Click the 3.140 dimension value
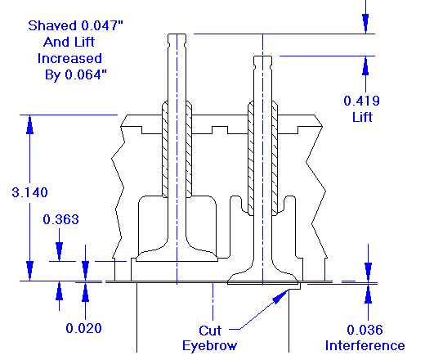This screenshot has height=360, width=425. coord(29,192)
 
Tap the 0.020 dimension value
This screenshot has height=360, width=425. coord(83,328)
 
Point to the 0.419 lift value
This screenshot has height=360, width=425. coord(360,101)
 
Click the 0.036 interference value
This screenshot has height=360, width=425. coord(365,330)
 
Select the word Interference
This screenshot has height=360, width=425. coord(365,345)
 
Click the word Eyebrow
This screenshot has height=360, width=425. coord(209,345)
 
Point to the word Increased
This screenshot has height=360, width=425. coord(69,58)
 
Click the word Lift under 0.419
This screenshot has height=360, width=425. coord(360,116)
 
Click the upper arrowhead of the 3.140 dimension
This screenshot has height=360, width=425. coord(29,122)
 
